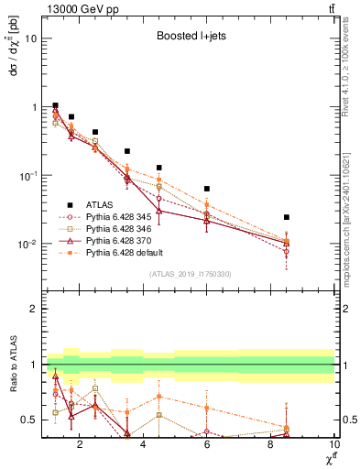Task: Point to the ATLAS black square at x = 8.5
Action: (287, 217)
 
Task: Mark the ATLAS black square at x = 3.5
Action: (127, 150)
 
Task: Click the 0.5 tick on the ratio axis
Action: (29, 420)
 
